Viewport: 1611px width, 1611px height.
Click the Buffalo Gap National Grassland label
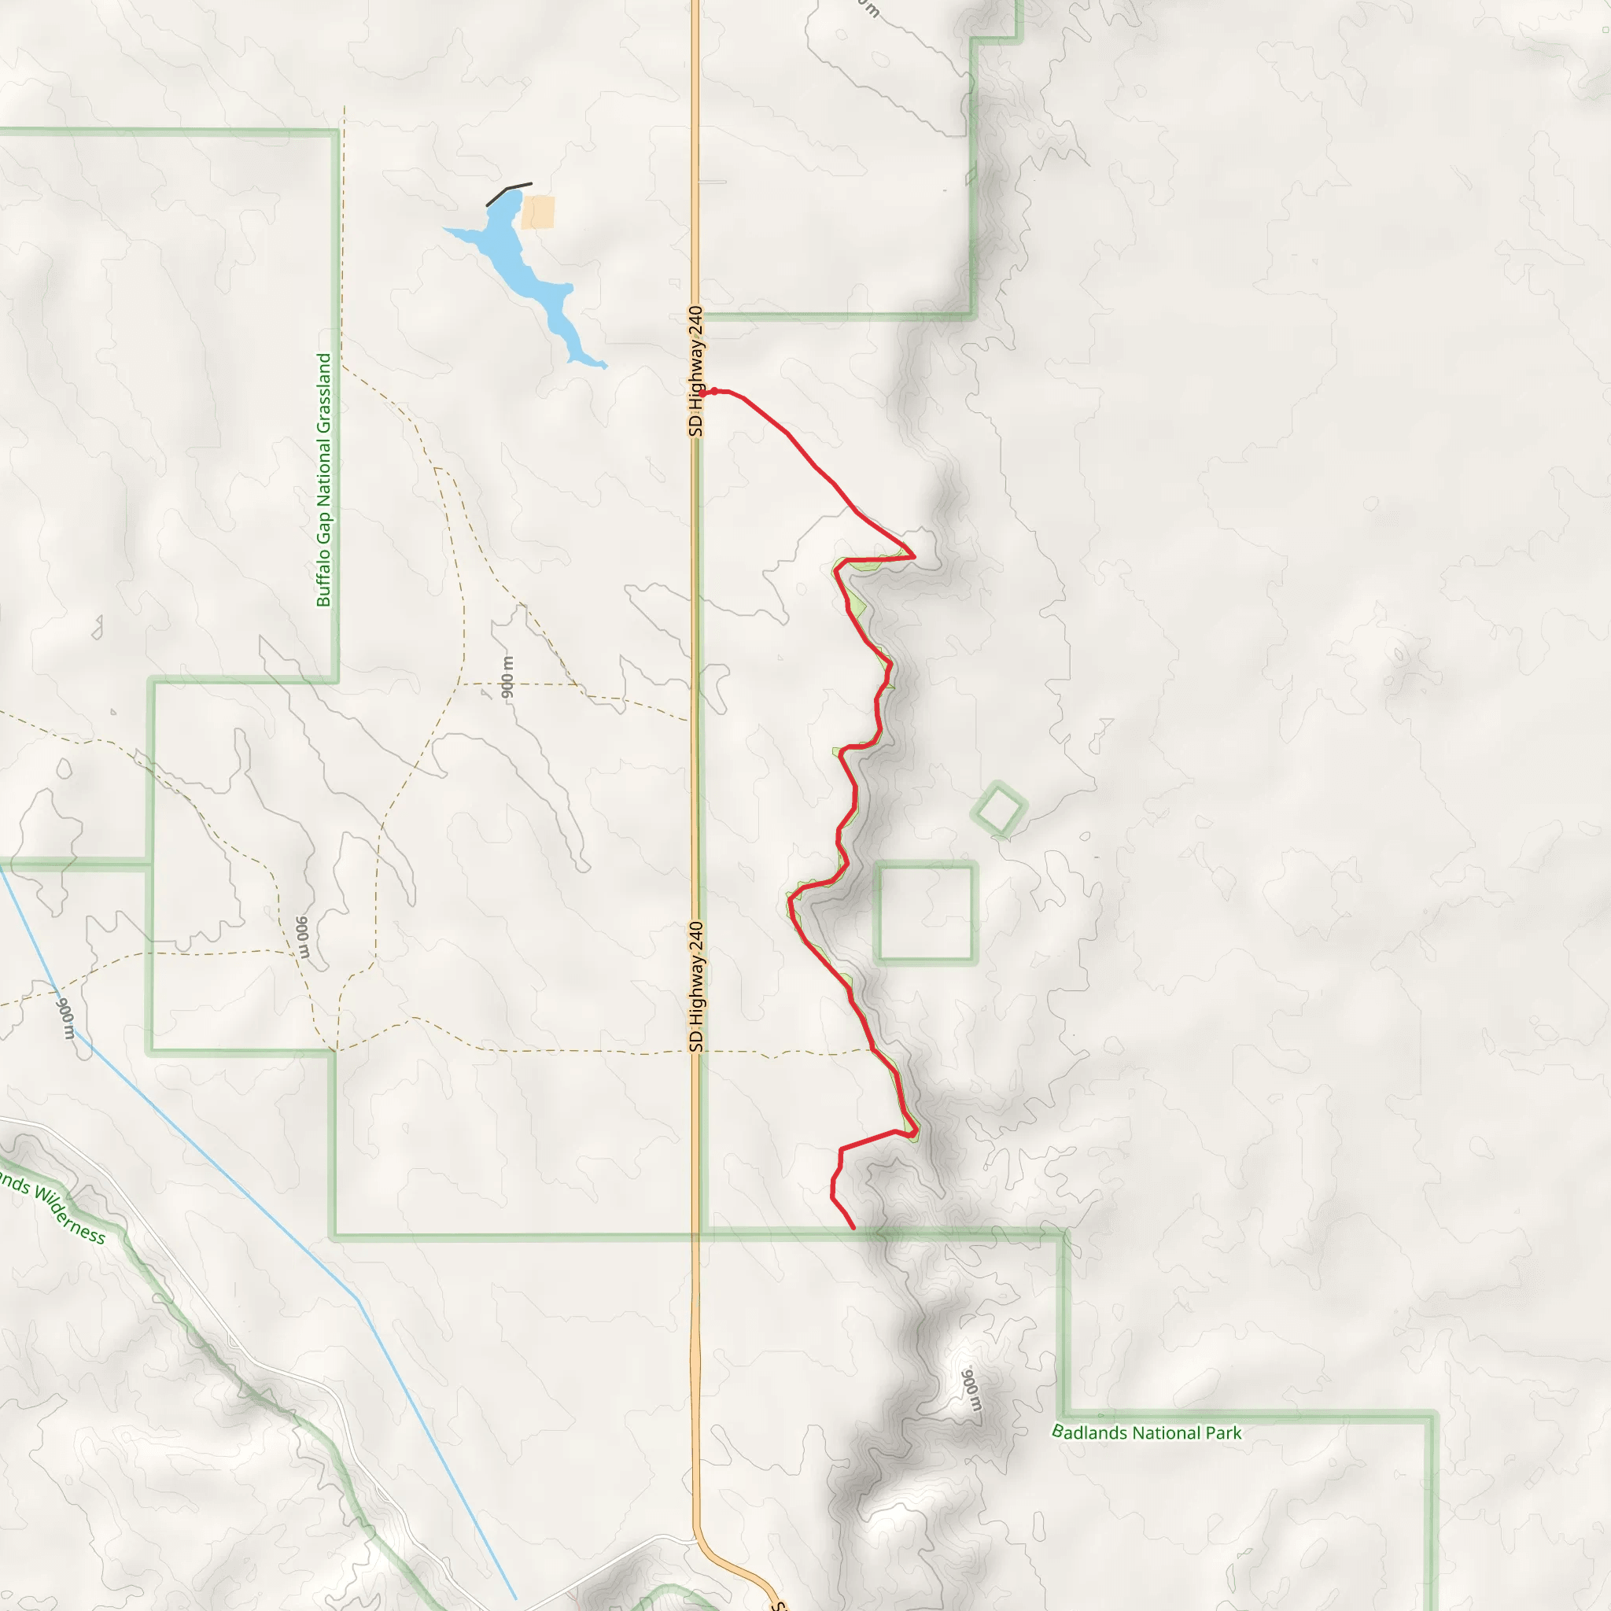(323, 480)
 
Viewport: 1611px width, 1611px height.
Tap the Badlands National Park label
(1147, 1432)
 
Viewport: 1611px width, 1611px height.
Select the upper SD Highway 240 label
(696, 371)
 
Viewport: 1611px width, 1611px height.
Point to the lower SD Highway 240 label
(697, 987)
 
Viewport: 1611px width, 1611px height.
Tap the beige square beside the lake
(538, 212)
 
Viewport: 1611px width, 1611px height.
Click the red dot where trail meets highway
(713, 391)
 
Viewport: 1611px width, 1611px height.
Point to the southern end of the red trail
(853, 1227)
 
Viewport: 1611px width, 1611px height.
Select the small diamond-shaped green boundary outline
(999, 808)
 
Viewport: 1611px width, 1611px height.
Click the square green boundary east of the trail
(926, 913)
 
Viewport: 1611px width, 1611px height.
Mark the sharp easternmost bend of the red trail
(914, 555)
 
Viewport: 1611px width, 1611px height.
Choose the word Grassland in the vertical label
(323, 392)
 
